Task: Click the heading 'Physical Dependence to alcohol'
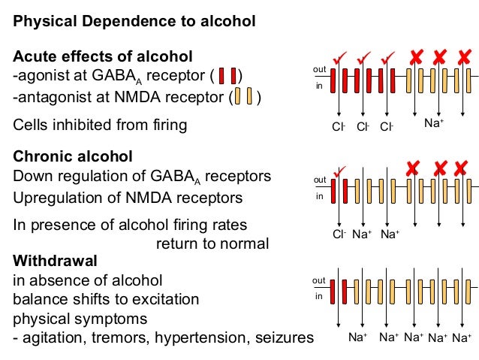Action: point(134,22)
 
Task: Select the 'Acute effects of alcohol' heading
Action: point(103,56)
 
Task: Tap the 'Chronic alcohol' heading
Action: point(73,156)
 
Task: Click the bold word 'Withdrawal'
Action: point(55,261)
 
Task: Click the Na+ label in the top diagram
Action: point(434,123)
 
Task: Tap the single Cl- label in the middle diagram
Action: point(339,234)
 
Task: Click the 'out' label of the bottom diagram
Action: point(318,280)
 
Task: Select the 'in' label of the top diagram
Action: point(319,86)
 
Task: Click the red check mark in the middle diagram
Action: point(339,171)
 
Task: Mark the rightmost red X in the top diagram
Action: point(464,56)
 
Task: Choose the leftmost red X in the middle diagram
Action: point(413,168)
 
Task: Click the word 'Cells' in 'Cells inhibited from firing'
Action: point(30,125)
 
